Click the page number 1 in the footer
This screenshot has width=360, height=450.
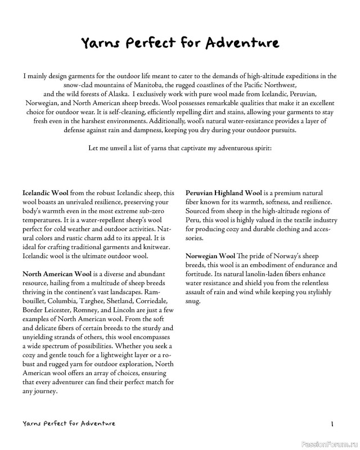pos(333,424)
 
